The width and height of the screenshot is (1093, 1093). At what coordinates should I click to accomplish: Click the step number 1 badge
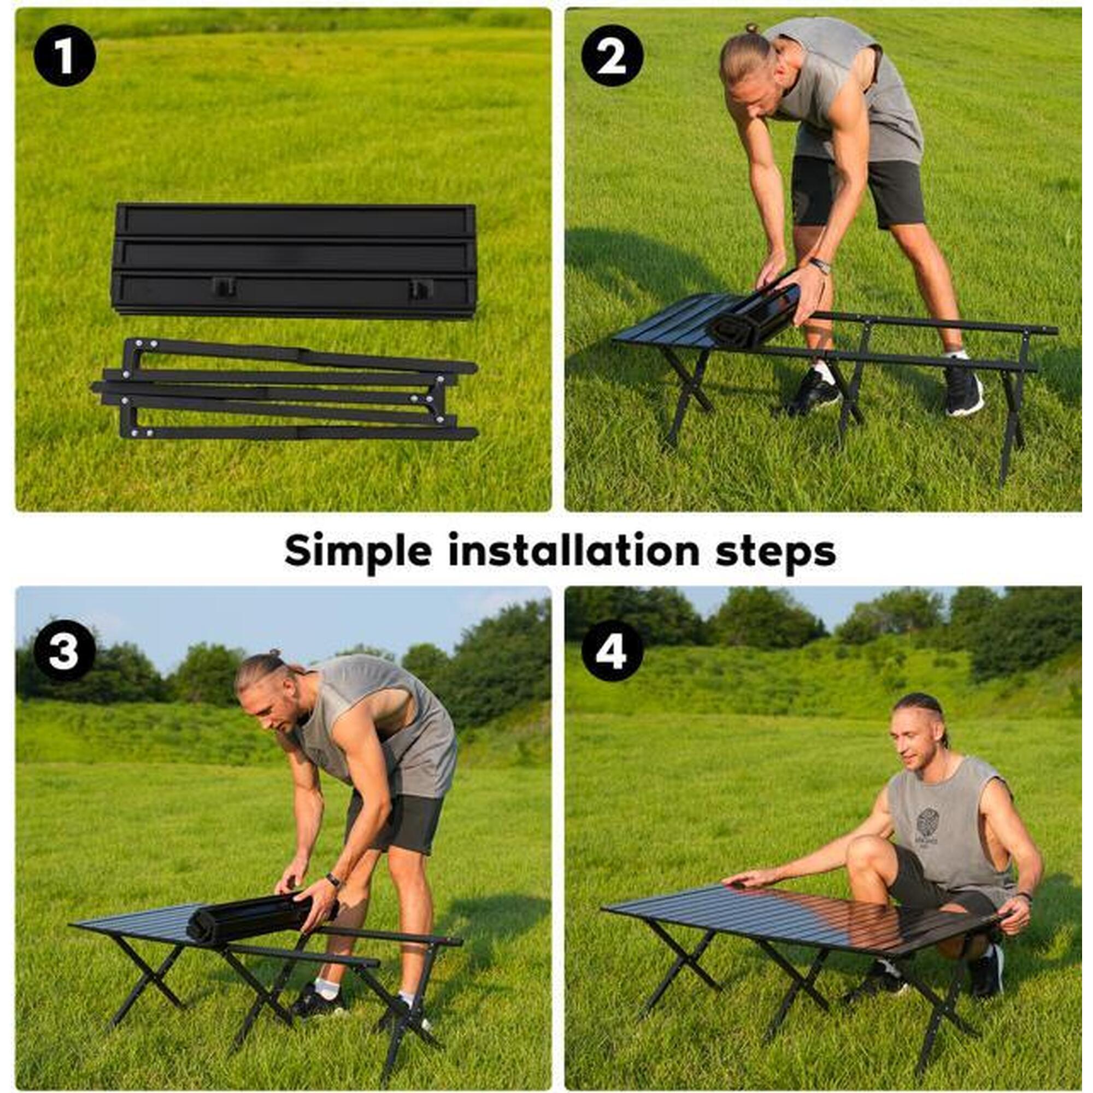coord(64,55)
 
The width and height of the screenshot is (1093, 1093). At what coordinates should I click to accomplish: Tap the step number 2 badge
coord(612,55)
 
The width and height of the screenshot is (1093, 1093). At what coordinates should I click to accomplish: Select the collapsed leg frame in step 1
coord(285,390)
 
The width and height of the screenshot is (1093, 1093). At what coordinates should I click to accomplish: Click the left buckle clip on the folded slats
coord(224,287)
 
